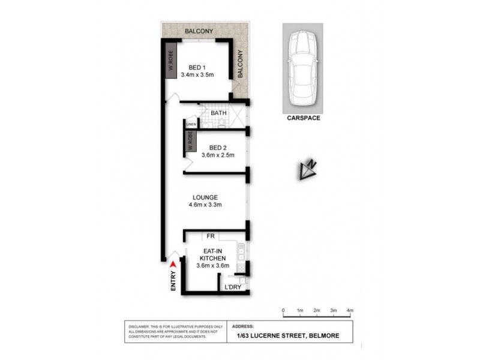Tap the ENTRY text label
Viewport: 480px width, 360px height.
[173, 282]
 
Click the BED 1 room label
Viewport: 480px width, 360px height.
[197, 67]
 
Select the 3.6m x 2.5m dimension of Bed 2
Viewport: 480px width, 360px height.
[217, 155]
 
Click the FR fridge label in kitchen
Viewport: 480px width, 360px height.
[211, 237]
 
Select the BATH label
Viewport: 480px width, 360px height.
[218, 112]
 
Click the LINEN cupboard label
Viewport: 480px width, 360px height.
[191, 124]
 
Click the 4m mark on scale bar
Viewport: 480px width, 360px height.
[350, 311]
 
